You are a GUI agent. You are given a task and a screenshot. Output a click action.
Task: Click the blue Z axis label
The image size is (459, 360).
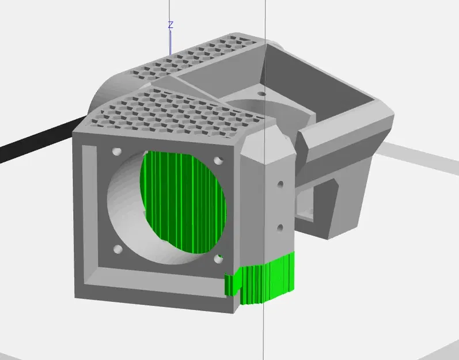[170, 25]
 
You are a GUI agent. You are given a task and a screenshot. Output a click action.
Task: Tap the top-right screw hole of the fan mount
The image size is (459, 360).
[217, 161]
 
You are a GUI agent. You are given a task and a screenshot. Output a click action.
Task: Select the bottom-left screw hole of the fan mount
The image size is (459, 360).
[118, 249]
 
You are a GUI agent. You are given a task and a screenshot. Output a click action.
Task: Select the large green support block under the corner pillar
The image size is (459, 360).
[268, 279]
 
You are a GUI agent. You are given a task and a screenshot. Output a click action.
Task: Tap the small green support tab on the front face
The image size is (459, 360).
[231, 284]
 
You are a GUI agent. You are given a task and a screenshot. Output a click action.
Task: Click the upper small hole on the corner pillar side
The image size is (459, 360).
[280, 185]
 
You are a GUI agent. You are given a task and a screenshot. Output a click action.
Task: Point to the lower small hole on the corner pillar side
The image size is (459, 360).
[280, 227]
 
